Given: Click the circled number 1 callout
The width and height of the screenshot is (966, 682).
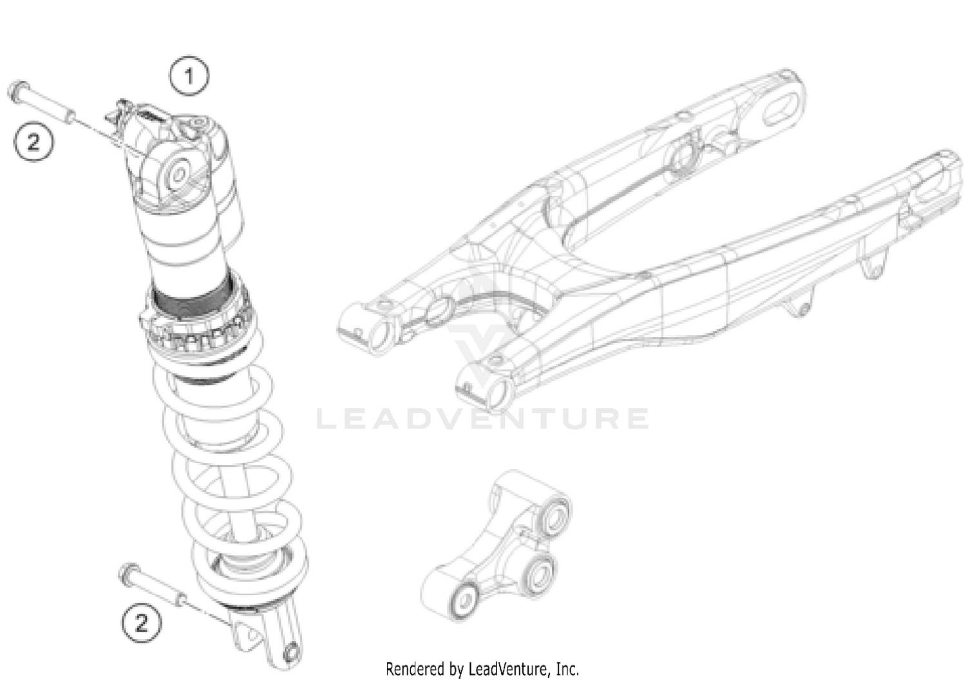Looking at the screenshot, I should [189, 77].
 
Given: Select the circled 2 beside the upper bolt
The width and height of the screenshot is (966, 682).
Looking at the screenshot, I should [33, 141].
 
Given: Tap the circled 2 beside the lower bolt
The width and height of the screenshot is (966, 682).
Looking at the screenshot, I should [141, 623].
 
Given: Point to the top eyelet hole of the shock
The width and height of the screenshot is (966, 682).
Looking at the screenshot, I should [178, 174].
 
